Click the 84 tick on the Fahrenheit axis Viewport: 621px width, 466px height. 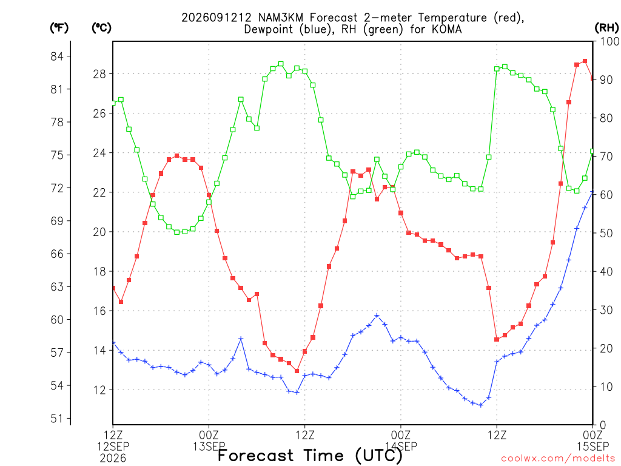point(57,56)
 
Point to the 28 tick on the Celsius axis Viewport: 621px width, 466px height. point(100,74)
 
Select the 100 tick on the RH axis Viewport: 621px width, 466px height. point(609,41)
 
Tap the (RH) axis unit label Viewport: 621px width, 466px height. point(606,27)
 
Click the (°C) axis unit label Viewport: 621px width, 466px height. point(101,27)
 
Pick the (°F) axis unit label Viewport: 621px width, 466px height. point(59,27)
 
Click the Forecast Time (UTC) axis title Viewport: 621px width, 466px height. point(310,456)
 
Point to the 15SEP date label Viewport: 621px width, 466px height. point(593,447)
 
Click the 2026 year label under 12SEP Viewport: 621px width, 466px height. point(113,459)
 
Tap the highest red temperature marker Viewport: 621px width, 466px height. point(585,61)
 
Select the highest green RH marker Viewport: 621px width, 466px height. point(281,64)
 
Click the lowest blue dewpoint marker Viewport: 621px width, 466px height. point(481,405)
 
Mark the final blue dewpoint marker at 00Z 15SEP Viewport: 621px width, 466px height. point(592,192)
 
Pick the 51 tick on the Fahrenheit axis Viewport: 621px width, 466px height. point(57,419)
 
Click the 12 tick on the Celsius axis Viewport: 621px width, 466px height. point(100,390)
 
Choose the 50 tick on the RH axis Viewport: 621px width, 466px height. point(606,234)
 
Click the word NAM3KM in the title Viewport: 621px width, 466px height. point(280,18)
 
